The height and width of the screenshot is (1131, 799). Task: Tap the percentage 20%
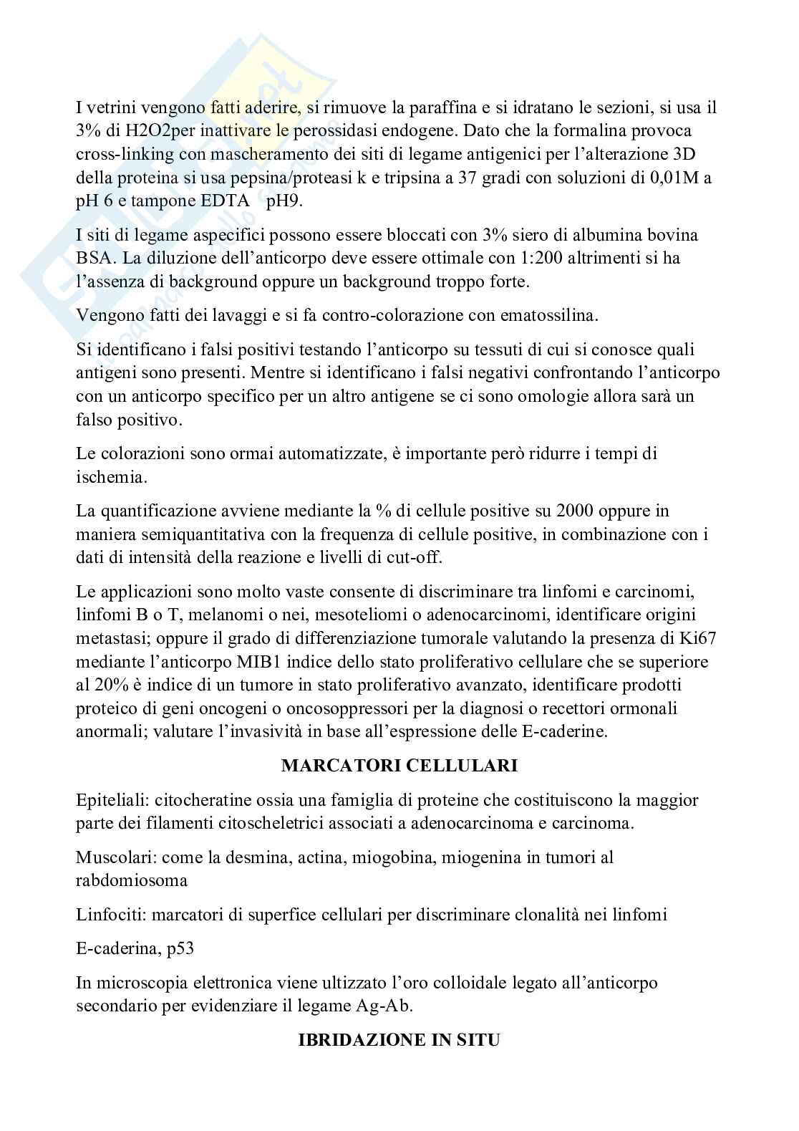click(110, 685)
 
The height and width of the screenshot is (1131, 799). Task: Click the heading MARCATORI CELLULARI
click(399, 766)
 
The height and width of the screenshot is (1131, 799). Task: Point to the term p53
click(180, 949)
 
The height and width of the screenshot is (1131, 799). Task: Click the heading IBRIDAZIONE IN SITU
click(399, 1041)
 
